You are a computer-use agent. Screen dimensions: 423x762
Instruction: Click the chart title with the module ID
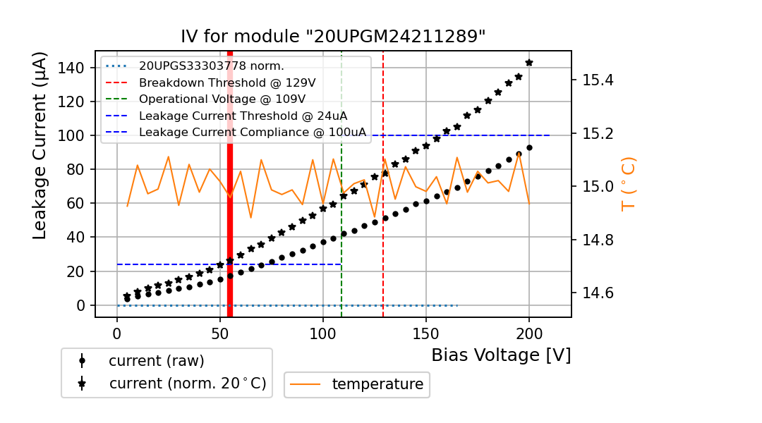333,37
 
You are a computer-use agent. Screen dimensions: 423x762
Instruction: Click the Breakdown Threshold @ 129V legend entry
227,82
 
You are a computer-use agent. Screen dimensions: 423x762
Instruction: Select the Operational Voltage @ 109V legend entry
222,99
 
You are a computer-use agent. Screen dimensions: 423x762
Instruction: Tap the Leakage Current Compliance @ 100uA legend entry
253,132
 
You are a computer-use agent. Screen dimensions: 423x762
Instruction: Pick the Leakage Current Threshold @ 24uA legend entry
243,116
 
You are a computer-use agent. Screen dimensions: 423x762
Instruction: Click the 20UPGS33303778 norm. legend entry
212,66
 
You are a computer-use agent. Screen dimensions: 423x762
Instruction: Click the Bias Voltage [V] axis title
501,355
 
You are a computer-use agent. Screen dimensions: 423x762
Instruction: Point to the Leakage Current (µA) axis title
41,145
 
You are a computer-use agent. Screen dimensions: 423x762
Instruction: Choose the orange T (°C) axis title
628,183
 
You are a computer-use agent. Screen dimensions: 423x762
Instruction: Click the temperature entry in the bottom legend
377,384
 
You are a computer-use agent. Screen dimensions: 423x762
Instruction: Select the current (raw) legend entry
156,361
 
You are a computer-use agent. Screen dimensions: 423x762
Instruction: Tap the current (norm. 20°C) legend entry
187,384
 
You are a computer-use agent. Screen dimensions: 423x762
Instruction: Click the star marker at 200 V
529,63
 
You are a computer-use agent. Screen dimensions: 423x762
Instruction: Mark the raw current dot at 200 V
529,147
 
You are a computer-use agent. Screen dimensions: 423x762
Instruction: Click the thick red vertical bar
230,211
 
